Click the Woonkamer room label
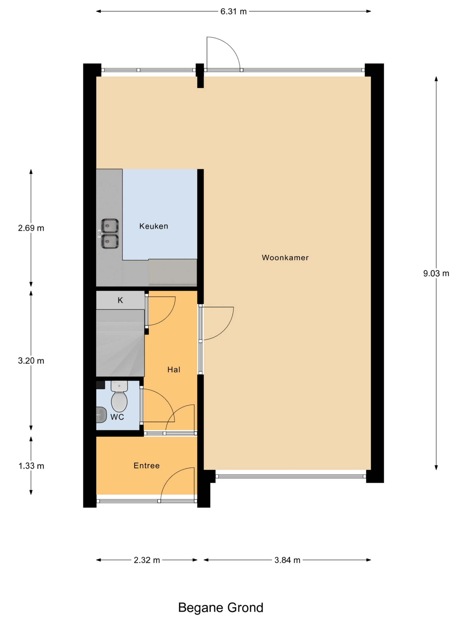tap(285, 257)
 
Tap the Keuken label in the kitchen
tap(154, 226)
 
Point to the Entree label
tap(147, 466)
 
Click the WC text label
tap(117, 417)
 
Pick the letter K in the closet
tap(120, 300)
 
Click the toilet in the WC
tap(119, 396)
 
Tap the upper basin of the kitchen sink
tap(110, 226)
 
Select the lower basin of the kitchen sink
tap(110, 241)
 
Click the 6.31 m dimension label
tap(233, 11)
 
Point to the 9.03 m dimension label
tap(436, 273)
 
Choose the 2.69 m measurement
tap(31, 228)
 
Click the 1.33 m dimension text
tap(31, 466)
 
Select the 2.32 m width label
tap(147, 560)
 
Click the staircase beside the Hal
tap(120, 343)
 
